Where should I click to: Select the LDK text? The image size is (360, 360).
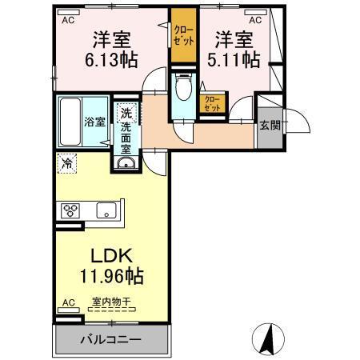pyautogui.click(x=111, y=259)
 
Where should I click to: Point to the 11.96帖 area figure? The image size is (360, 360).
pyautogui.click(x=112, y=278)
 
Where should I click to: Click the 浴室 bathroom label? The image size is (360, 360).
pyautogui.click(x=94, y=122)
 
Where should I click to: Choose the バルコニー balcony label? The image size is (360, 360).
pyautogui.click(x=110, y=338)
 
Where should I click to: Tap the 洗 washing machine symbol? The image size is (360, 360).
pyautogui.click(x=125, y=114)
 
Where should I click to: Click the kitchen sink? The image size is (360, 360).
pyautogui.click(x=106, y=211)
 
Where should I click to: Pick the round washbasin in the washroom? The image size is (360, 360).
pyautogui.click(x=126, y=165)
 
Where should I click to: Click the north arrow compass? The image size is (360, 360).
pyautogui.click(x=270, y=338)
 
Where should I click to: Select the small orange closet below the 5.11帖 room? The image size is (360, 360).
pyautogui.click(x=212, y=103)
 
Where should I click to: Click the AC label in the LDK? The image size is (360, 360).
pyautogui.click(x=68, y=302)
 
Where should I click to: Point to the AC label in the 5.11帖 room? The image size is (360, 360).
pyautogui.click(x=255, y=19)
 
